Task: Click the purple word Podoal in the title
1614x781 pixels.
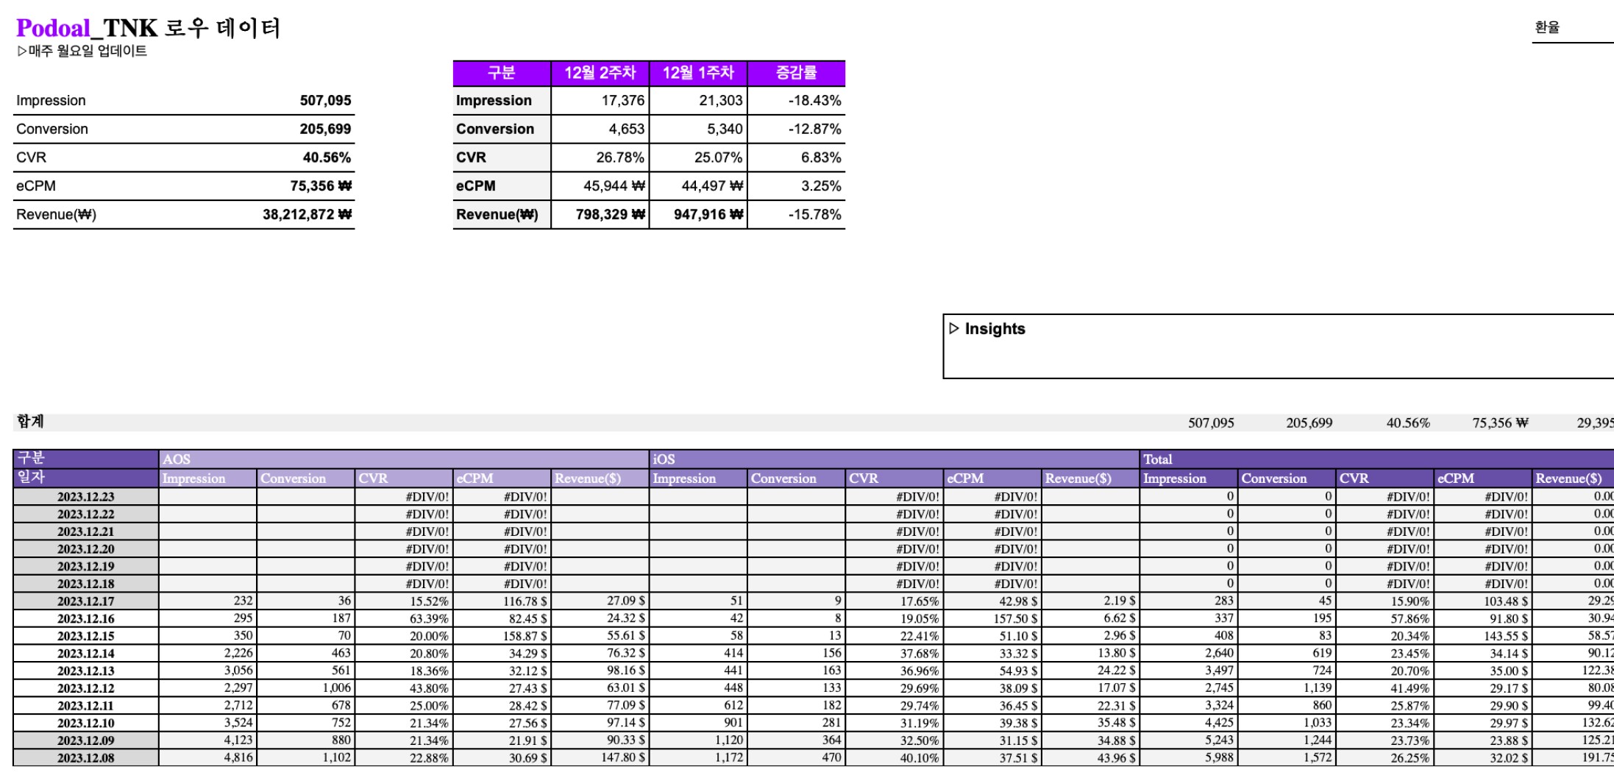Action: coord(53,28)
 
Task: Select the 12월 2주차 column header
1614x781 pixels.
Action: coord(600,73)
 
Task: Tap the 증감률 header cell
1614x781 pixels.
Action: coord(796,73)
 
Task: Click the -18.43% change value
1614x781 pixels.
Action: coord(814,101)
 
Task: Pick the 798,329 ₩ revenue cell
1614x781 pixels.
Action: coord(610,215)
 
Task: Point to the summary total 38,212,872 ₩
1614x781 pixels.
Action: coord(307,215)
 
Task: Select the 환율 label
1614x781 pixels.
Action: coord(1547,27)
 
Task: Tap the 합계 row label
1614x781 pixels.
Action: coord(30,422)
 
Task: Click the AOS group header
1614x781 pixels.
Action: coord(177,459)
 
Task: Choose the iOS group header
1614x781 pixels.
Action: coord(664,459)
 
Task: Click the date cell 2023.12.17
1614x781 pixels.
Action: coord(86,601)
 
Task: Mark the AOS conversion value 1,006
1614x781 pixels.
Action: coord(336,688)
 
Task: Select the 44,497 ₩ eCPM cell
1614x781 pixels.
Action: coord(711,186)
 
